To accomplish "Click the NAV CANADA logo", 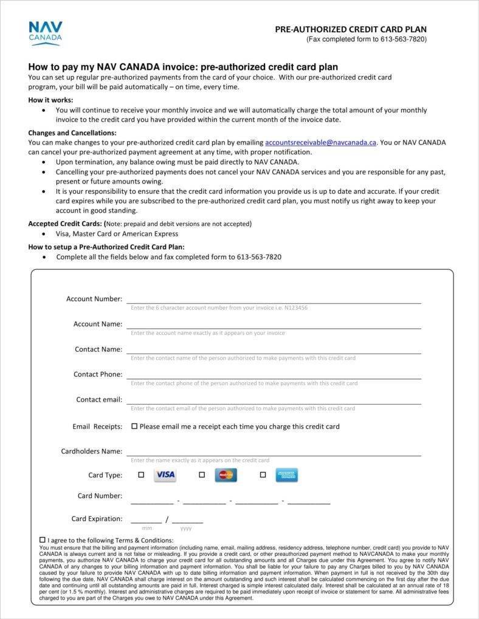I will tap(45, 33).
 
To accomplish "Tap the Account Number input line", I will tap(274, 299).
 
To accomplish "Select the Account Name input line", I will tap(274, 324).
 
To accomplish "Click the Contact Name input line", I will tap(274, 350).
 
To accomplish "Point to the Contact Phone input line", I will tap(274, 375).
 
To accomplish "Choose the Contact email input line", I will tap(274, 400).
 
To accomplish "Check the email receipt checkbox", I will tap(134, 426).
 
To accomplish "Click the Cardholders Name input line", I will tap(274, 452).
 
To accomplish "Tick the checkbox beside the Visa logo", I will tap(141, 475).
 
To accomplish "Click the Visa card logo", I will tap(165, 475).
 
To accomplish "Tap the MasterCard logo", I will tap(226, 475).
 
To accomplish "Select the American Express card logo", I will tap(286, 475).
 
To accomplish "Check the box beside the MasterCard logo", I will tap(202, 475).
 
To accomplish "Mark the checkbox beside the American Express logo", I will tap(263, 475).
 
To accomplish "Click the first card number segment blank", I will tap(152, 500).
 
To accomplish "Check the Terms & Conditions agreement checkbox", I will tap(42, 539).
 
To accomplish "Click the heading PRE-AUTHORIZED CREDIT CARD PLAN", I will tap(351, 29).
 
